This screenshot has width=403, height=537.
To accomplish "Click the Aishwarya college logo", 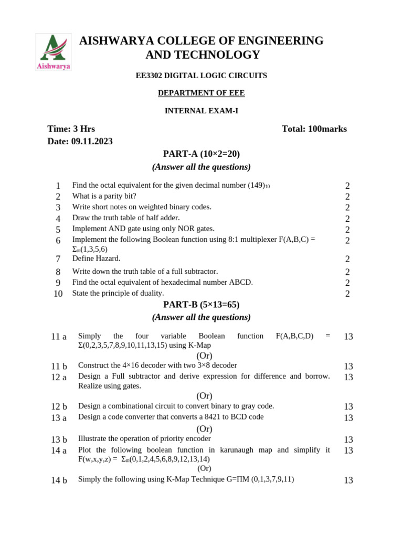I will pyautogui.click(x=54, y=51).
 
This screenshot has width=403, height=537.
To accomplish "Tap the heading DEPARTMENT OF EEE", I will pyautogui.click(x=201, y=93).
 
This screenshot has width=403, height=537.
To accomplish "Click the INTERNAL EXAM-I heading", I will pyautogui.click(x=201, y=111).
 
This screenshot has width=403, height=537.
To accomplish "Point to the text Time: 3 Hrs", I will pyautogui.click(x=71, y=129).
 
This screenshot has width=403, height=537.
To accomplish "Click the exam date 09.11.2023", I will pyautogui.click(x=92, y=142).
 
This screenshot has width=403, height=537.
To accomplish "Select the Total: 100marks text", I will pyautogui.click(x=314, y=129).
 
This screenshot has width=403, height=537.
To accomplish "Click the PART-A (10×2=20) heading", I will pyautogui.click(x=201, y=154).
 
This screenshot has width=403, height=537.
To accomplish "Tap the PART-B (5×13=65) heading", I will pyautogui.click(x=201, y=305).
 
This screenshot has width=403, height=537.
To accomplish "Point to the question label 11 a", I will pyautogui.click(x=59, y=337).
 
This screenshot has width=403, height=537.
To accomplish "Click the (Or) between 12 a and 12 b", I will pyautogui.click(x=204, y=396).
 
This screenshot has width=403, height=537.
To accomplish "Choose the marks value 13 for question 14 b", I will pyautogui.click(x=348, y=480).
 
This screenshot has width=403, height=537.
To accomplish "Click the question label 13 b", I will pyautogui.click(x=59, y=439).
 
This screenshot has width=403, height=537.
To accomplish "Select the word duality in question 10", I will pyautogui.click(x=150, y=293).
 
